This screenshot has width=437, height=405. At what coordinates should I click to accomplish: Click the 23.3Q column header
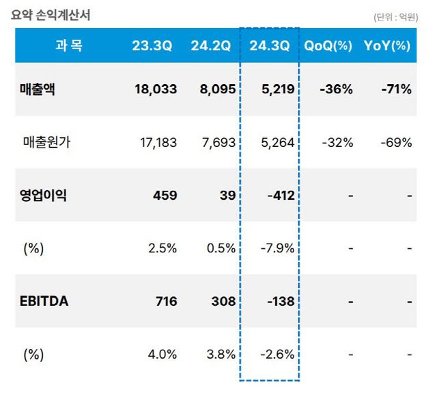pyautogui.click(x=152, y=46)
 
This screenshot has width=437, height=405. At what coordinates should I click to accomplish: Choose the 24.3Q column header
pyautogui.click(x=270, y=46)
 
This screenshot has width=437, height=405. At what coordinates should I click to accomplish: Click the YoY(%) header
pyautogui.click(x=387, y=46)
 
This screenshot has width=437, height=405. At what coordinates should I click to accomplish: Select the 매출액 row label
pyautogui.click(x=38, y=89)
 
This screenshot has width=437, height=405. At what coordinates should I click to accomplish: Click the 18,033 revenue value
pyautogui.click(x=156, y=89)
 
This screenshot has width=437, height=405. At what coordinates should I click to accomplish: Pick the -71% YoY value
pyautogui.click(x=396, y=89)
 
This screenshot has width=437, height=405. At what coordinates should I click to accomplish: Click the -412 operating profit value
pyautogui.click(x=281, y=196)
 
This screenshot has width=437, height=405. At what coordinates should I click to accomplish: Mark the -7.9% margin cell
pyautogui.click(x=277, y=248)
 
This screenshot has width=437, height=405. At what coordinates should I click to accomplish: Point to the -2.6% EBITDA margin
pyautogui.click(x=277, y=354)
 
